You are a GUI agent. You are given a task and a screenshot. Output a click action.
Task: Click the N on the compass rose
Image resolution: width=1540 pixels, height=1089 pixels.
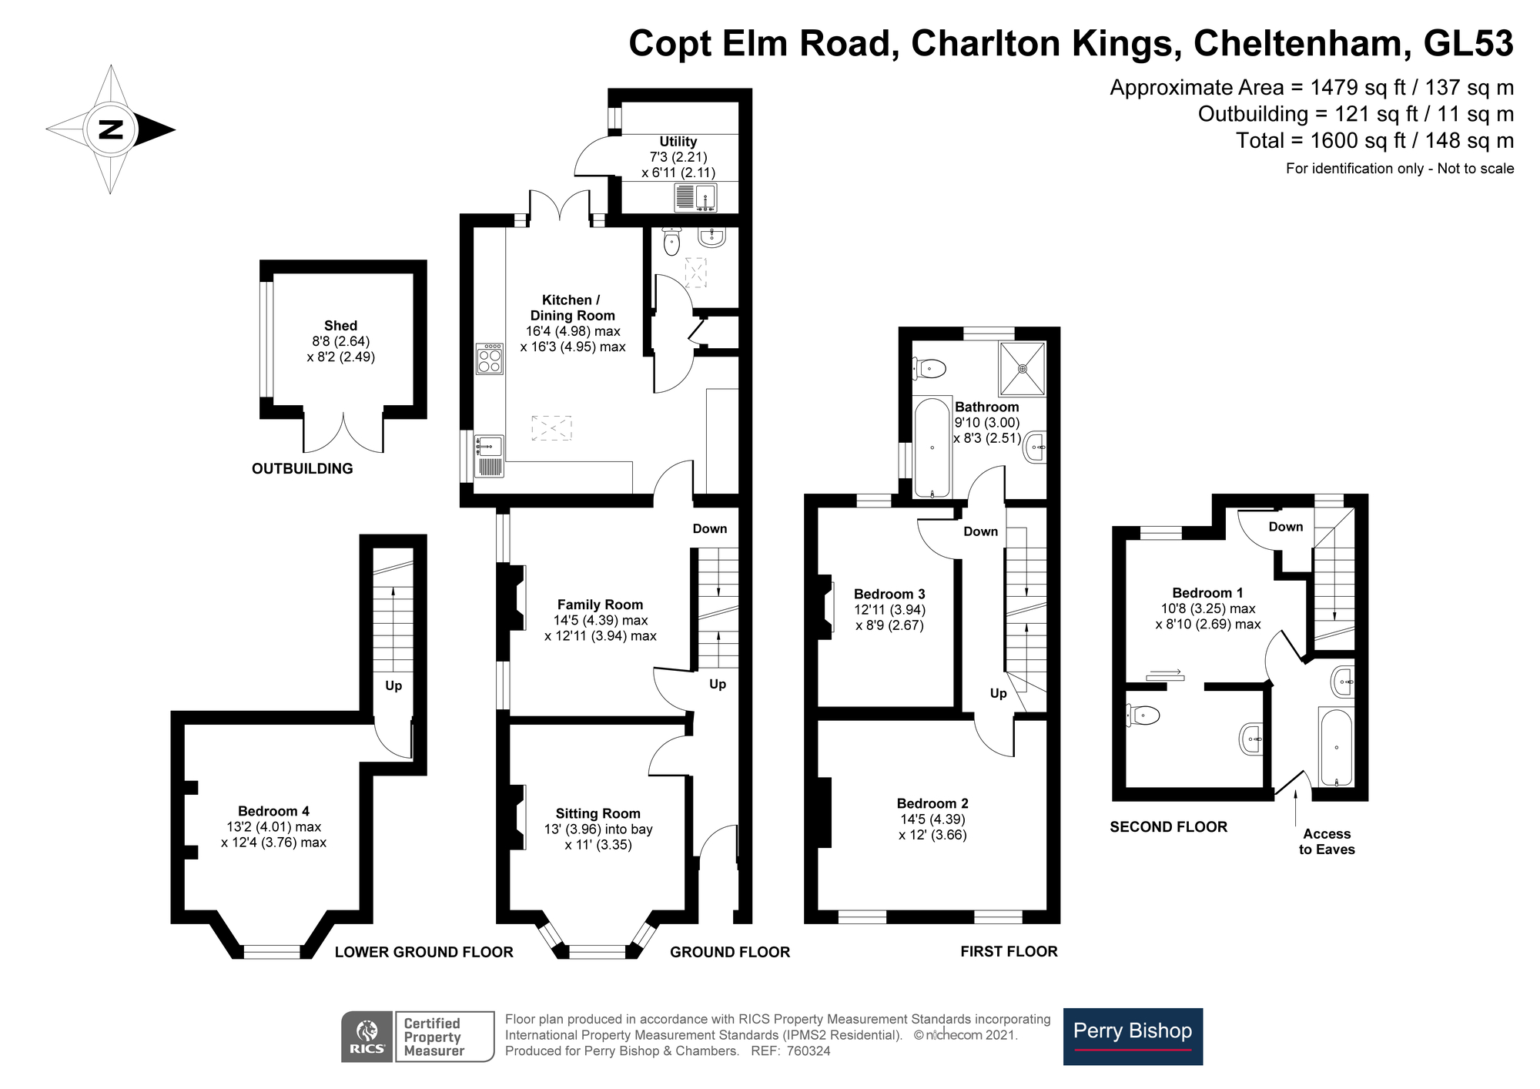pyautogui.click(x=112, y=129)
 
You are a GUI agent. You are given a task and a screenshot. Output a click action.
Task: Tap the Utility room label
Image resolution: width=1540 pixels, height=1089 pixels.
pyautogui.click(x=678, y=142)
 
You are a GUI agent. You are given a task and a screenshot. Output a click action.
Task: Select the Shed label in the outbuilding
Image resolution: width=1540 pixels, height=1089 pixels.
pyautogui.click(x=340, y=326)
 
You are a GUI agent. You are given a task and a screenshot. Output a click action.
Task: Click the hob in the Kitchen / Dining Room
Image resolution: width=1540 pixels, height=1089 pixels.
pyautogui.click(x=489, y=358)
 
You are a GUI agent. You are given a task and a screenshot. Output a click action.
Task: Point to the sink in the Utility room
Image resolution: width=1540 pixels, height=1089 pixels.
pyautogui.click(x=696, y=197)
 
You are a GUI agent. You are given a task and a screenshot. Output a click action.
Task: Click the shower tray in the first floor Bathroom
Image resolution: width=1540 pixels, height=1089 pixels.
pyautogui.click(x=1023, y=369)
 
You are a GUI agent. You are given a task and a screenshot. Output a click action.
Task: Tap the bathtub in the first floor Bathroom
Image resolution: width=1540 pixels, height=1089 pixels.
pyautogui.click(x=932, y=448)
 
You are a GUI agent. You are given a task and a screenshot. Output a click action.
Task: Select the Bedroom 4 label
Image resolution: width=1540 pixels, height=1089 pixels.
pyautogui.click(x=273, y=811)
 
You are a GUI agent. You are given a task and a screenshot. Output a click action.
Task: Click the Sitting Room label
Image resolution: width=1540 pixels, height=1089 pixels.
pyautogui.click(x=598, y=813)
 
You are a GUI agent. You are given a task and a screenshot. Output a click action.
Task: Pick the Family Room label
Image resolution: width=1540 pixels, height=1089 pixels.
pyautogui.click(x=600, y=605)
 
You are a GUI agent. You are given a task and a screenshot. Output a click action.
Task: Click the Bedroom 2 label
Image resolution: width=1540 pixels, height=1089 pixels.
pyautogui.click(x=932, y=803)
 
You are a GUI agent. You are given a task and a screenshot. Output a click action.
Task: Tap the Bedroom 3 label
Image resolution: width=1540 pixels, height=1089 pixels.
pyautogui.click(x=889, y=594)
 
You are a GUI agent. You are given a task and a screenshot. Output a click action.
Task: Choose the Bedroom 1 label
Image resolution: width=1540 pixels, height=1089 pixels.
pyautogui.click(x=1207, y=592)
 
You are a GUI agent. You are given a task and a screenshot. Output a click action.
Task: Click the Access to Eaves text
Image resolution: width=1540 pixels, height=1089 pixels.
pyautogui.click(x=1327, y=842)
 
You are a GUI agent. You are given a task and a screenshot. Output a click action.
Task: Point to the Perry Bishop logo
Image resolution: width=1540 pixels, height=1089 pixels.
pyautogui.click(x=1133, y=1037)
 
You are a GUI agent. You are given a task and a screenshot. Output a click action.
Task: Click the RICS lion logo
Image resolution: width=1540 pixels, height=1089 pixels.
pyautogui.click(x=367, y=1037)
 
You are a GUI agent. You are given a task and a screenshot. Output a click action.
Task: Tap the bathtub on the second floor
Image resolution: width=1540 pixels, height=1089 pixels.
pyautogui.click(x=1336, y=747)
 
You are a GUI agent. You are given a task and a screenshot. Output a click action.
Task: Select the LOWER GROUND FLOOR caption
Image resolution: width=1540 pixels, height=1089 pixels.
pyautogui.click(x=423, y=952)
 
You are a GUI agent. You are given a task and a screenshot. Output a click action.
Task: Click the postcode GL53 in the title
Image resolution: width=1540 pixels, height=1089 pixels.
pyautogui.click(x=1468, y=43)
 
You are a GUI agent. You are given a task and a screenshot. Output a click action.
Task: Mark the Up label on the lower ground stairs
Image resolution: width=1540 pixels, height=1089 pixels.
pyautogui.click(x=393, y=685)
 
